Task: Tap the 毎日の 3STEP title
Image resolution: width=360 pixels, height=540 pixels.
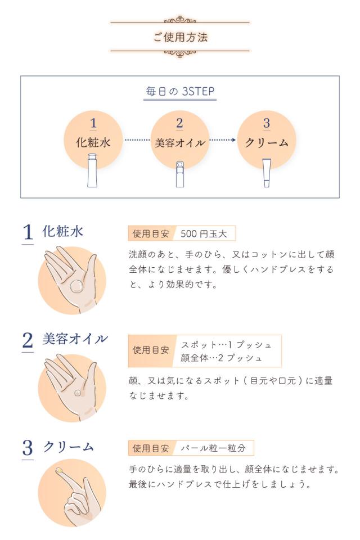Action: [x=180, y=92]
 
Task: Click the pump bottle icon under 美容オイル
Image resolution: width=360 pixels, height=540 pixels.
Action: [x=179, y=174]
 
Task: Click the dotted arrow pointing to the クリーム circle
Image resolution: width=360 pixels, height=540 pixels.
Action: [x=223, y=140]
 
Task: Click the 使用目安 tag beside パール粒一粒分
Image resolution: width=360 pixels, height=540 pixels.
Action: [x=151, y=448]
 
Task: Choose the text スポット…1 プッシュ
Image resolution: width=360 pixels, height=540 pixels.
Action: [x=226, y=344]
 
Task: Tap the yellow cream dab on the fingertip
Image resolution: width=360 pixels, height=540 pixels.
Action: [x=58, y=470]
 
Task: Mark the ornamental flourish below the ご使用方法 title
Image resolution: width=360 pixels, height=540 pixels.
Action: [x=180, y=54]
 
